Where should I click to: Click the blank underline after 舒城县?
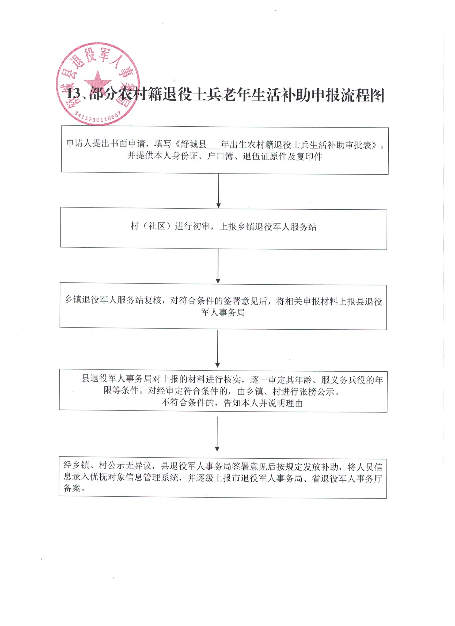coord(214,149)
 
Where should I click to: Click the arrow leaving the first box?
coord(218,191)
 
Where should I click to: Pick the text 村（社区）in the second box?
coord(151,227)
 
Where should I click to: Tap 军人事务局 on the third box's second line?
coord(223,312)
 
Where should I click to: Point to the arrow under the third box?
coord(218,349)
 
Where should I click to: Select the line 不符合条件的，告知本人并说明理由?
coord(232,403)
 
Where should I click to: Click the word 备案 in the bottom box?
coord(72,488)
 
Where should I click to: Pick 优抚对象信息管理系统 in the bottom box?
coord(135,477)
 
